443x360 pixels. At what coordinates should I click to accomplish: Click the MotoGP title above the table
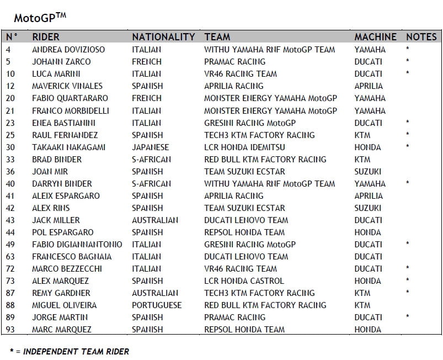click(x=40, y=18)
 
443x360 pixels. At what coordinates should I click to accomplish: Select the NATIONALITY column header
click(x=163, y=37)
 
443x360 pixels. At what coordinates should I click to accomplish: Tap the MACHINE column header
click(x=375, y=37)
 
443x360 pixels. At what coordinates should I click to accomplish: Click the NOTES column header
click(x=421, y=37)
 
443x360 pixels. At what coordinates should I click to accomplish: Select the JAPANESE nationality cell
click(x=150, y=147)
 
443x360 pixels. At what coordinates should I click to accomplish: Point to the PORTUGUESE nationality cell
click(x=156, y=305)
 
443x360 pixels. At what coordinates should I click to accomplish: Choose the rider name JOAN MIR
click(x=50, y=172)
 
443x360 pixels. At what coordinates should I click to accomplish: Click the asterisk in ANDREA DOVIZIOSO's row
click(x=407, y=49)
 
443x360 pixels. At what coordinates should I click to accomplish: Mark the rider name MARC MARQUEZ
click(x=61, y=330)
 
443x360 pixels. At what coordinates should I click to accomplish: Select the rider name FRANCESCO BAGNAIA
click(x=72, y=257)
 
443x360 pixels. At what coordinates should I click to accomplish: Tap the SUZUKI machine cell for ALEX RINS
click(x=367, y=208)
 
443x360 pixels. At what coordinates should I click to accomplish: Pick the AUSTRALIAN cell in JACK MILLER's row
click(x=155, y=220)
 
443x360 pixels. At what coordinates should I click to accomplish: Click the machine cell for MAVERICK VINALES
click(x=368, y=86)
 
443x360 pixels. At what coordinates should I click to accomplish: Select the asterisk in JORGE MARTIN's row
click(x=407, y=317)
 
